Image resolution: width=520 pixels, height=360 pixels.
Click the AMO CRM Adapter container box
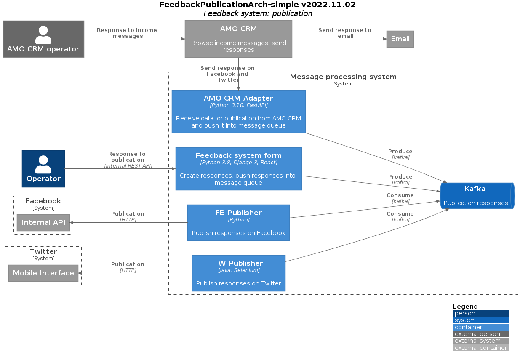pos(238,112)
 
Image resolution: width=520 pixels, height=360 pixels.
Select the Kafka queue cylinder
pos(477,196)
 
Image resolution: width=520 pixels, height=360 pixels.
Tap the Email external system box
pos(400,39)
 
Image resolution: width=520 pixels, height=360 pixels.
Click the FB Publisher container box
pos(238,223)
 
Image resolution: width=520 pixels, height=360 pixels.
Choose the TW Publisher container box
pos(238,273)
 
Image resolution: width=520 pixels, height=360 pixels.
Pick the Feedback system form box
pos(238,168)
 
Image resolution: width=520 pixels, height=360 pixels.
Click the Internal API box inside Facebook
pos(43,223)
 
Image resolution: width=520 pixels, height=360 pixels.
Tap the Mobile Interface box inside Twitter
pos(43,273)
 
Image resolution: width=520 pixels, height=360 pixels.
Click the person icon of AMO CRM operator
pos(43,35)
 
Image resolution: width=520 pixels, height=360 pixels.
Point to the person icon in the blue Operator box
pos(43,164)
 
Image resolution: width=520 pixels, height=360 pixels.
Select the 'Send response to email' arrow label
pos(344,33)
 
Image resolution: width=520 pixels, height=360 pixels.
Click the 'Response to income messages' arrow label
pos(127,33)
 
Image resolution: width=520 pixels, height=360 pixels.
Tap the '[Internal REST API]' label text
pos(128,166)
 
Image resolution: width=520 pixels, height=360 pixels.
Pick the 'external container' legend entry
pos(480,348)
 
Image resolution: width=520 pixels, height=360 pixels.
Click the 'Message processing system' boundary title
pos(343,77)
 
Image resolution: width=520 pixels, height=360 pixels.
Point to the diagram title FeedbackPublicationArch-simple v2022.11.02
pos(257,5)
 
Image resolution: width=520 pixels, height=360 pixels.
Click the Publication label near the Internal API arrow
pos(128,214)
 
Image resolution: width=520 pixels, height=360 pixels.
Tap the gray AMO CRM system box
pos(238,39)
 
